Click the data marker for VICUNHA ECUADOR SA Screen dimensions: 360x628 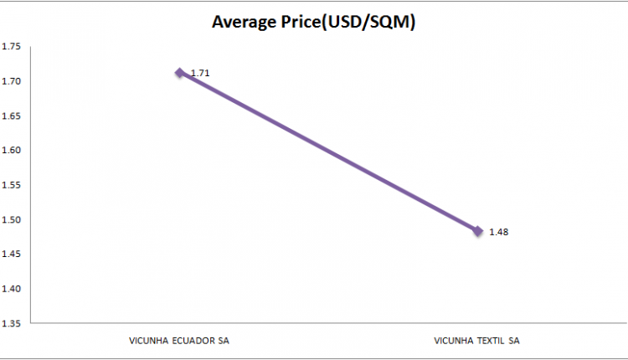coord(179,73)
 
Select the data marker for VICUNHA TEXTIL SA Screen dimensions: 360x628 coord(477,231)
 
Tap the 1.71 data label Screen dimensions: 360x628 coord(200,74)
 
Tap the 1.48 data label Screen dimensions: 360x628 coord(499,232)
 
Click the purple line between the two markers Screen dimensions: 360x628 coord(328,152)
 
